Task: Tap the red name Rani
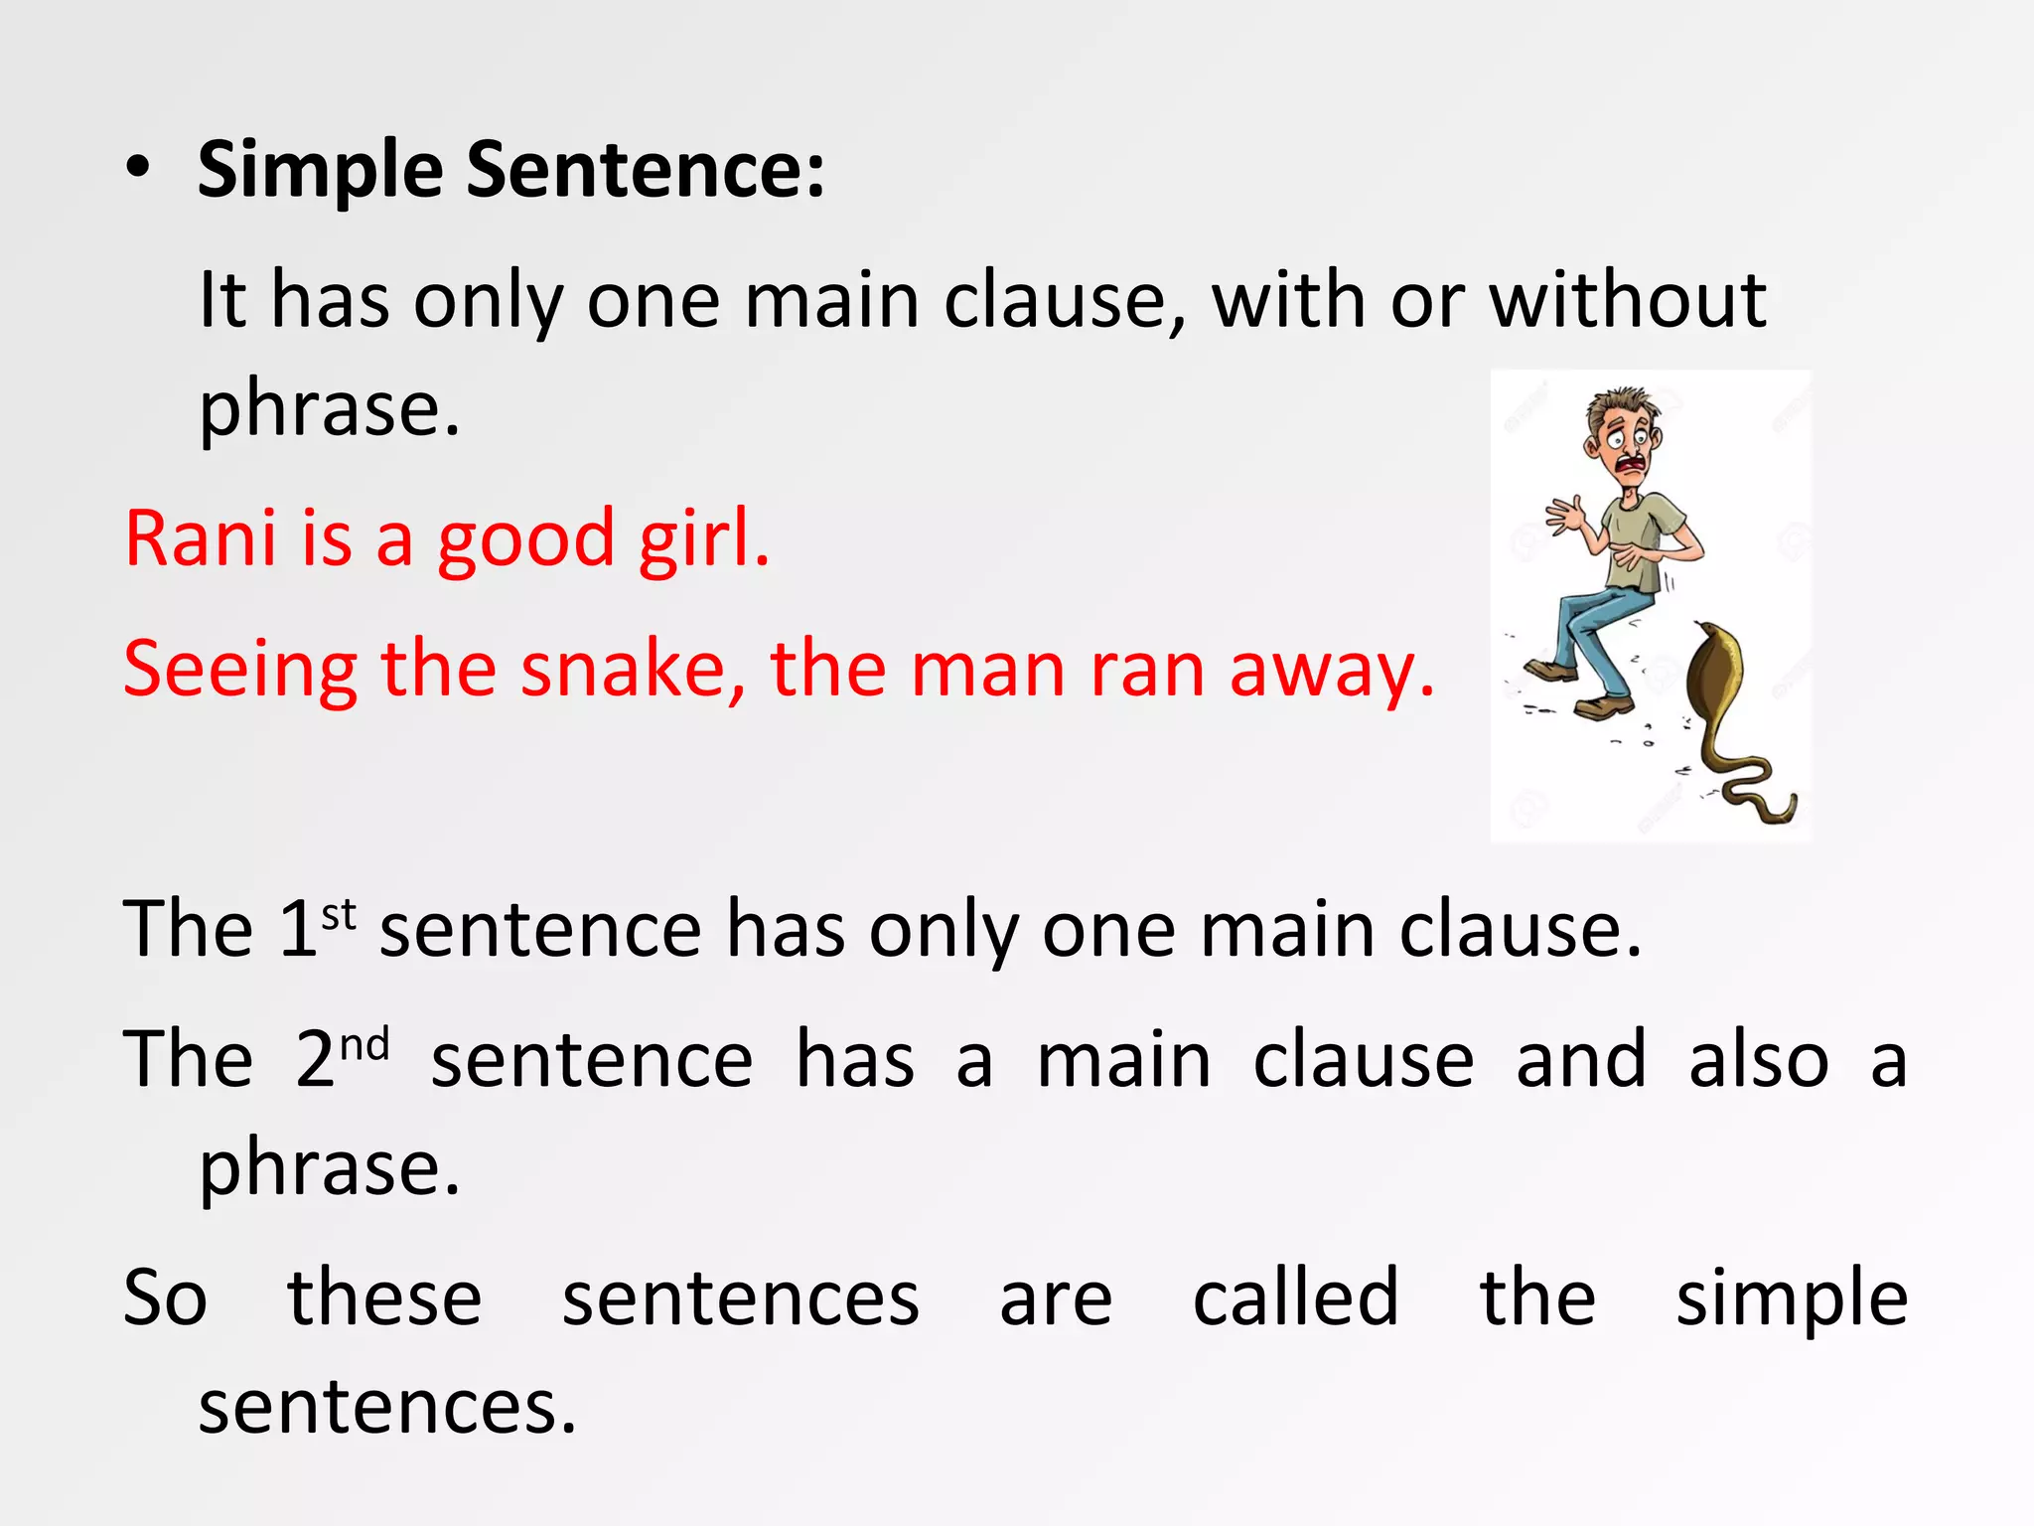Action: click(x=200, y=538)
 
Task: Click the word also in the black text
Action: click(x=1758, y=1061)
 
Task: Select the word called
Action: click(x=1295, y=1297)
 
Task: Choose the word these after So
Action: click(x=384, y=1297)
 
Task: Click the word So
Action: click(x=165, y=1297)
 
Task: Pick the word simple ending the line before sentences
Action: click(x=1792, y=1299)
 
